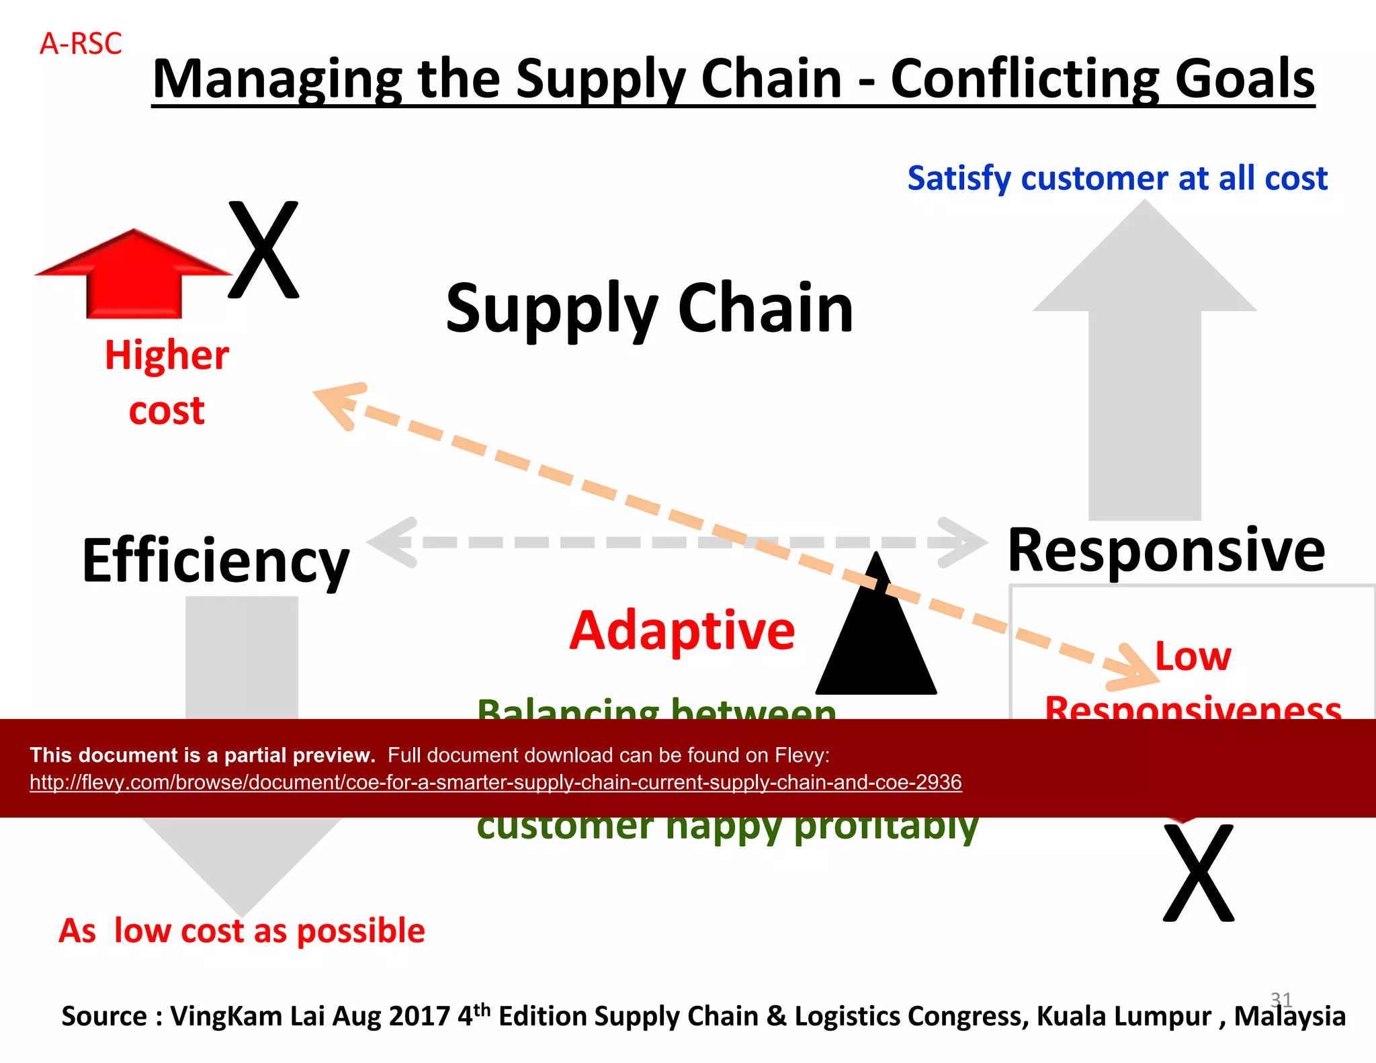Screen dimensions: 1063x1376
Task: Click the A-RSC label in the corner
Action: tap(81, 44)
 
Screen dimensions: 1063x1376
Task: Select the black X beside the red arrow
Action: tap(263, 250)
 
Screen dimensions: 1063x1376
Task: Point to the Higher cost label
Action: tap(167, 382)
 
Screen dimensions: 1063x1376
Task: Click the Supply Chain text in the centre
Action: tap(649, 308)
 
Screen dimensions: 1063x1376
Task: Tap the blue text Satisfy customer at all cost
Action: tap(1117, 179)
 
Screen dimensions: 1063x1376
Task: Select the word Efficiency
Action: tap(215, 560)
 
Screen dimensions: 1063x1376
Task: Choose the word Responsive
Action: tap(1166, 550)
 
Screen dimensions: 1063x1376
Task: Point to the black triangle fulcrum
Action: tap(875, 638)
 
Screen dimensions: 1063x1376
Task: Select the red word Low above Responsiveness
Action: tap(1193, 656)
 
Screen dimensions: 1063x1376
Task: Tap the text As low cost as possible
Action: tap(242, 931)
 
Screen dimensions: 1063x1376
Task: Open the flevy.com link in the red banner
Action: tap(495, 782)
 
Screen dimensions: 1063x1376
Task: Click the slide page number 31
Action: tap(1281, 998)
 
